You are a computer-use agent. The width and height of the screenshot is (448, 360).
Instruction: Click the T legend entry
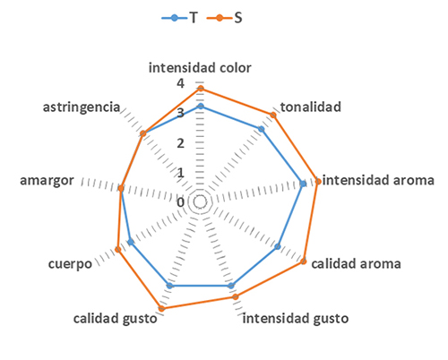[180, 18]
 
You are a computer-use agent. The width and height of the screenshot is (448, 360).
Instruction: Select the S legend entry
[225, 18]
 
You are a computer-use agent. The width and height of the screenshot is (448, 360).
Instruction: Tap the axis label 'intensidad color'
[200, 68]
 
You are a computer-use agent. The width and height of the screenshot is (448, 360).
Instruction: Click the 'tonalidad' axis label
[311, 107]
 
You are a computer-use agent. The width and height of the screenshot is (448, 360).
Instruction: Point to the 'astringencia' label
[82, 107]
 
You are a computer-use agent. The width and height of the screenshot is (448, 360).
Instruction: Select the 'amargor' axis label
[47, 181]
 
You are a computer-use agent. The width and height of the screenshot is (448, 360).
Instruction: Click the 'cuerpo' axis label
[70, 264]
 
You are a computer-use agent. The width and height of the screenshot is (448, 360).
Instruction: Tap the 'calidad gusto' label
[116, 319]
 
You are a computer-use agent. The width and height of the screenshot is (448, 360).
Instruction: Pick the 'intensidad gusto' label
[296, 319]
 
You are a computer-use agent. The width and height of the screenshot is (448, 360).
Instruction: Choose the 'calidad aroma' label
[356, 264]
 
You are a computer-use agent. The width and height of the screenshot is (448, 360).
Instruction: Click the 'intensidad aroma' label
[378, 180]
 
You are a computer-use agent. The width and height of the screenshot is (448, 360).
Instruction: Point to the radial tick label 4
[180, 83]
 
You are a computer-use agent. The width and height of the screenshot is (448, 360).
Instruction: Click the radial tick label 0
[180, 202]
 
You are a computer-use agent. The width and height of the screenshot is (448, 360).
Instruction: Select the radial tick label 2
[180, 143]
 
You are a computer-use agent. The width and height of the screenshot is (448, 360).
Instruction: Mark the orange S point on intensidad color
[201, 89]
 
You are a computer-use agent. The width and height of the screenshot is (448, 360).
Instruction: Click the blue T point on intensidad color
[201, 107]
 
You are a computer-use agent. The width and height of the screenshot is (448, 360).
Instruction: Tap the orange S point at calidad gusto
[161, 309]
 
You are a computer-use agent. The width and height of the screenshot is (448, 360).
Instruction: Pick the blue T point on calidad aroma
[278, 246]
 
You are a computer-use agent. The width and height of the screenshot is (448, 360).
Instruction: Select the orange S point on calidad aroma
[304, 261]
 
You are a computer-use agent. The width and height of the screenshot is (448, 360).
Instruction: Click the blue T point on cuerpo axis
[131, 242]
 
